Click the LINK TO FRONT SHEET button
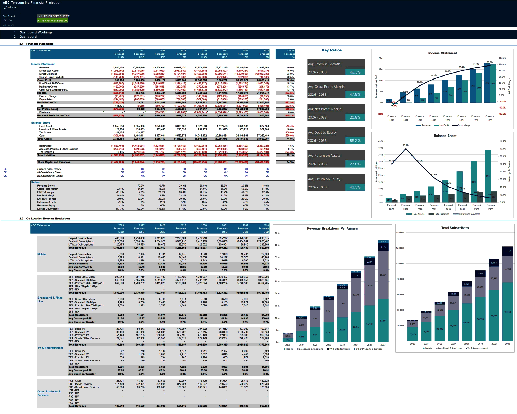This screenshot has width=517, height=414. pos(53,16)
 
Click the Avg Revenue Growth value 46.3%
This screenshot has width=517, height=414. pos(355,72)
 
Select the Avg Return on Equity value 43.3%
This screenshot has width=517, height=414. pos(355,187)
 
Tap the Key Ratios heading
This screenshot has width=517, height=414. pos(331,50)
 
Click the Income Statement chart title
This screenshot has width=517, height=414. pos(442,53)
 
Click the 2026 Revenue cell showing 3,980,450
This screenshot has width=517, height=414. pos(118,68)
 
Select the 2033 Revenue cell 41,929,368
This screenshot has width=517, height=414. pos(263,68)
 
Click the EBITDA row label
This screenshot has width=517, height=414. pos(42,93)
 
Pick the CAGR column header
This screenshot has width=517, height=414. pos(291,51)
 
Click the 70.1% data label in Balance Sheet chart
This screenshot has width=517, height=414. pos(406,145)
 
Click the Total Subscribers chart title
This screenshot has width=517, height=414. pos(455,228)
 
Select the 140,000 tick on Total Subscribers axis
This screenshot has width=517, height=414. pos(400,233)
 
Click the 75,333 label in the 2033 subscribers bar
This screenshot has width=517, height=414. pos(507,312)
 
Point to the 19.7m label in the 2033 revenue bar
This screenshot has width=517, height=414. pos(383,275)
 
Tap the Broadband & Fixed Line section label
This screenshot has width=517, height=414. pos(50,299)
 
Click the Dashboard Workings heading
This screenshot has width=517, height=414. pos(36,32)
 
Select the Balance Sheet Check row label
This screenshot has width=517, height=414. pos(49,169)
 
